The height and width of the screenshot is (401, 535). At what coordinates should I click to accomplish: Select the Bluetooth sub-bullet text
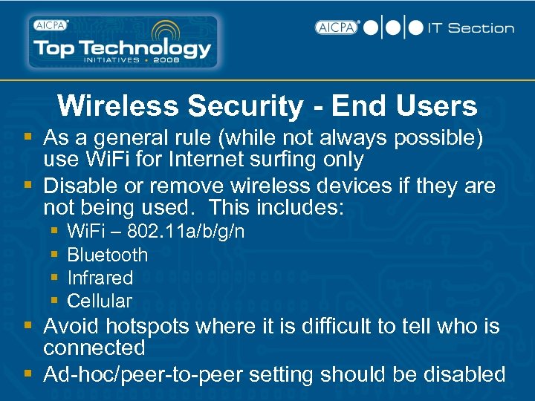[x=107, y=255]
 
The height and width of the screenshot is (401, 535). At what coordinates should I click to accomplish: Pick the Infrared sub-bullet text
[x=100, y=278]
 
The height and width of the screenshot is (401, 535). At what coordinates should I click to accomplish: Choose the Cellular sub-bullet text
[x=99, y=301]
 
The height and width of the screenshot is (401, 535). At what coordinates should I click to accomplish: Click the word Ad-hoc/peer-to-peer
[x=142, y=374]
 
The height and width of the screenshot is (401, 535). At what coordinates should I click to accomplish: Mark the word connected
[x=94, y=348]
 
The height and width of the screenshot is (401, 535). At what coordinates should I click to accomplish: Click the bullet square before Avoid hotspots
[x=27, y=326]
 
